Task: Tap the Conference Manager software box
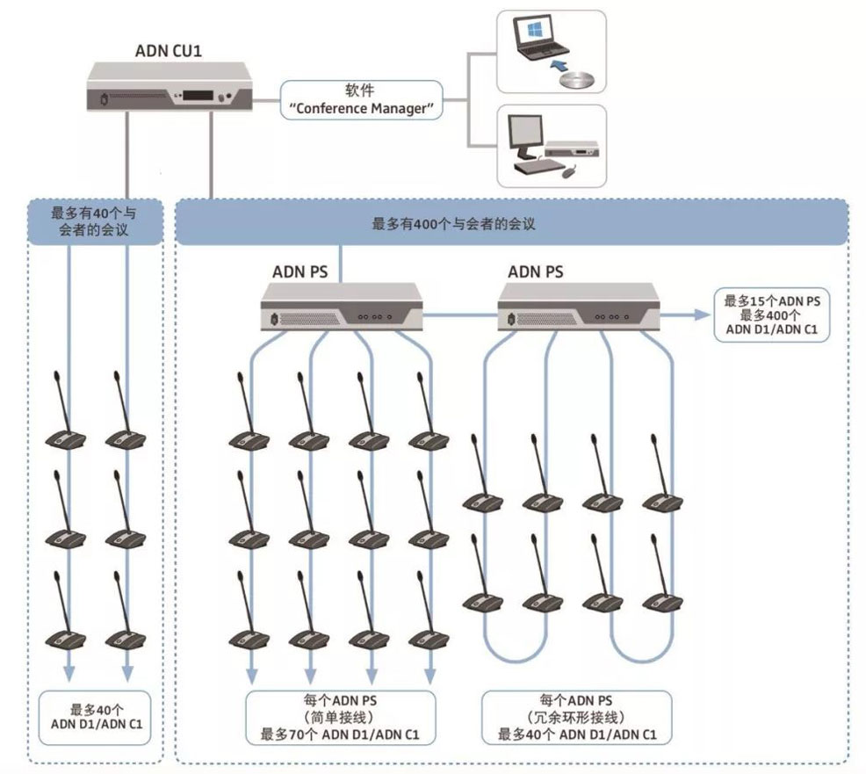(361, 100)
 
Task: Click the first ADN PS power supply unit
(343, 307)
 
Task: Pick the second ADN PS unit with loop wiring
(581, 307)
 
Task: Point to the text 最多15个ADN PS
(772, 300)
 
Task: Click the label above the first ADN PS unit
(299, 271)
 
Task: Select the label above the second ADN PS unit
(536, 271)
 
